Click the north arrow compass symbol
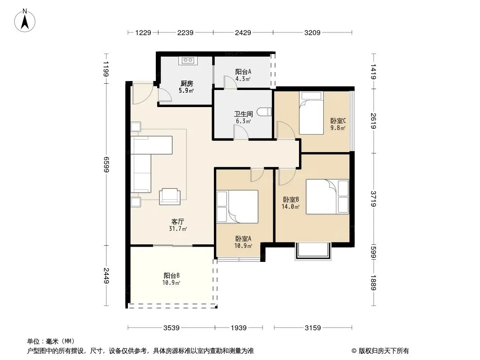pyautogui.click(x=25, y=21)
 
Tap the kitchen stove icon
pyautogui.click(x=188, y=61)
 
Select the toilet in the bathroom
pyautogui.click(x=264, y=112)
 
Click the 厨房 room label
pyautogui.click(x=186, y=84)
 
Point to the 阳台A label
pyautogui.click(x=243, y=72)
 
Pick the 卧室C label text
pyautogui.click(x=338, y=121)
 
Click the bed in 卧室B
pyautogui.click(x=327, y=196)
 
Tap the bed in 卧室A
pyautogui.click(x=237, y=207)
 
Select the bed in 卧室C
pyautogui.click(x=311, y=112)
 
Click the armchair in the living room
pyautogui.click(x=170, y=196)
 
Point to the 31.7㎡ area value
pyautogui.click(x=178, y=229)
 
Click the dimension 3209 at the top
pyautogui.click(x=312, y=32)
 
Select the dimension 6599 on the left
pyautogui.click(x=106, y=165)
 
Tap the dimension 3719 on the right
pyautogui.click(x=373, y=199)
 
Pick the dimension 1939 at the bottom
pyautogui.click(x=239, y=328)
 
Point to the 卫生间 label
pyautogui.click(x=243, y=114)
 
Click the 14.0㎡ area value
pyautogui.click(x=290, y=207)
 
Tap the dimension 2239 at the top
pyautogui.click(x=186, y=32)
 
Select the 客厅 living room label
pyautogui.click(x=177, y=221)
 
